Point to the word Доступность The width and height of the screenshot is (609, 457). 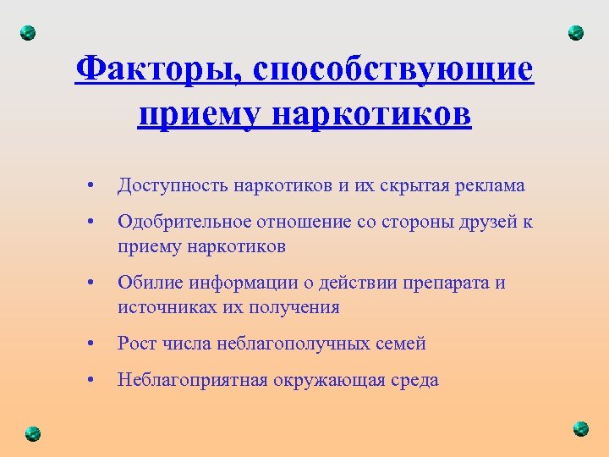click(x=173, y=184)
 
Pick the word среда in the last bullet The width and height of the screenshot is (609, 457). click(x=414, y=380)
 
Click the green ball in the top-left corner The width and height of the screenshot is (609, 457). click(x=28, y=33)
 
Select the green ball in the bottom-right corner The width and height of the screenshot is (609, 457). click(x=580, y=428)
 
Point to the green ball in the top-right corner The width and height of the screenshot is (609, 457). click(x=576, y=33)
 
